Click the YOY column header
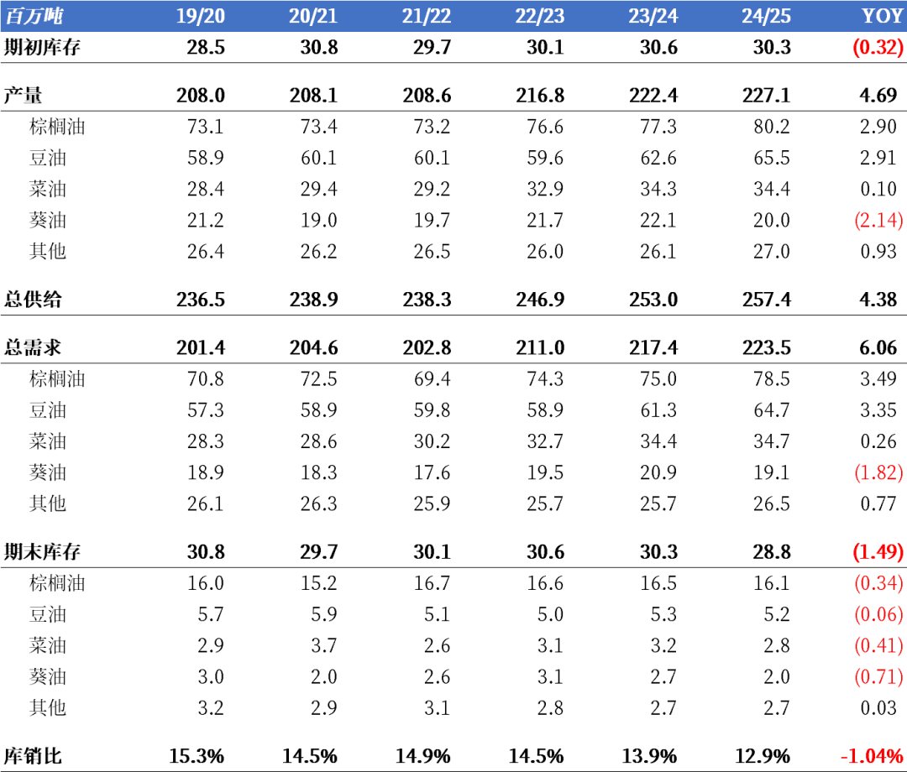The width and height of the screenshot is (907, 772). point(882,16)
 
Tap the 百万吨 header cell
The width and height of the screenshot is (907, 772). point(34,16)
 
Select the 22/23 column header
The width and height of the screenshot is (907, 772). point(540,16)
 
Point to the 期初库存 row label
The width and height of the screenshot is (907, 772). point(42,47)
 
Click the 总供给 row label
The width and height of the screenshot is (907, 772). point(33,299)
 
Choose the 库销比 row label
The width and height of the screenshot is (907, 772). point(33,755)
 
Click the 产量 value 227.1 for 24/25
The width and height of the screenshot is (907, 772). point(766,95)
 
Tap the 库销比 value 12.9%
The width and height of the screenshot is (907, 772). point(766,755)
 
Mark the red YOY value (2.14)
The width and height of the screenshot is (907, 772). point(878,220)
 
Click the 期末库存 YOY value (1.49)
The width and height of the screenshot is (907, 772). point(878,552)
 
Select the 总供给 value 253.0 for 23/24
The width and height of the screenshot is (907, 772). point(653,299)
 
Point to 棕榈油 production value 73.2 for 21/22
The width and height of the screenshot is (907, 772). point(432,127)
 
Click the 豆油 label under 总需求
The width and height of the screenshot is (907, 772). point(47,409)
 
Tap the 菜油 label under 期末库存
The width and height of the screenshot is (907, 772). point(47,645)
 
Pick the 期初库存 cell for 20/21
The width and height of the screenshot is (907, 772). point(319,47)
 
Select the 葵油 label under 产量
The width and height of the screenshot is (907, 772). point(47,220)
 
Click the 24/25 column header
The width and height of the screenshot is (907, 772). point(766,16)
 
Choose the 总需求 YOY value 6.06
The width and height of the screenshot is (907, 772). point(878,347)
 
